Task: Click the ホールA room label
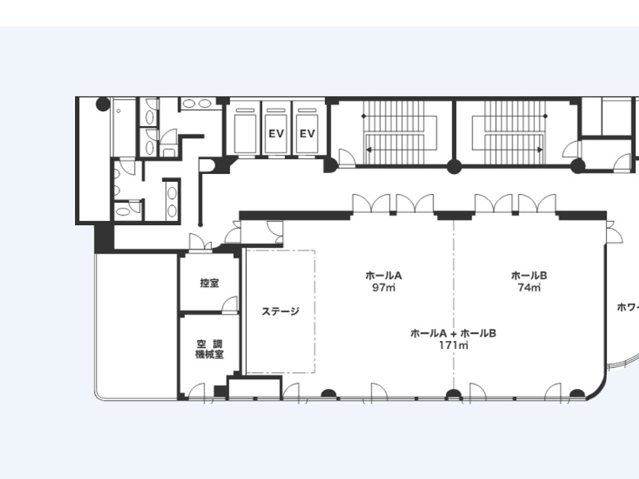pos(383,275)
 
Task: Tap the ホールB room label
pos(529,275)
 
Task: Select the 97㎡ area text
pos(383,287)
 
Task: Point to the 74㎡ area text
pos(529,287)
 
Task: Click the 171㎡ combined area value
pos(453,346)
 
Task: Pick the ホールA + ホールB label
pos(453,334)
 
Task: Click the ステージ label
pos(280,311)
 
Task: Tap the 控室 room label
pos(209,283)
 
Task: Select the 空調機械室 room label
pos(209,349)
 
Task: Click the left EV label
pos(276,133)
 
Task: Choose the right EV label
pos(308,133)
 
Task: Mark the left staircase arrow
pos(395,150)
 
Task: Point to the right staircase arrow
pos(514,150)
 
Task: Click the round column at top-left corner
pos(103,105)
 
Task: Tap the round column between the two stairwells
pos(454,167)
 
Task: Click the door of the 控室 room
pos(229,305)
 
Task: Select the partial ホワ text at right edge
pos(628,307)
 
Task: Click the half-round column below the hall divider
pos(454,394)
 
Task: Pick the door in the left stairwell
pos(347,157)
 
